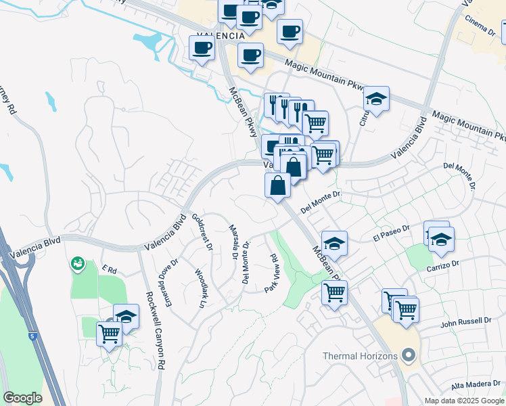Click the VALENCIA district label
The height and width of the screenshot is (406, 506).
(220, 36)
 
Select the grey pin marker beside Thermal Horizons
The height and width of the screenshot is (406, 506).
(408, 355)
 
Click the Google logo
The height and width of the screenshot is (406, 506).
(22, 398)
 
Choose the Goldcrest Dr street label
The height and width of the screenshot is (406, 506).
(202, 231)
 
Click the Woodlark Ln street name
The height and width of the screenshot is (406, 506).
(200, 290)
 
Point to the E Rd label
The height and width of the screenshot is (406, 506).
(108, 269)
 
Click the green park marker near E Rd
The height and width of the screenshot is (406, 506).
(78, 262)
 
